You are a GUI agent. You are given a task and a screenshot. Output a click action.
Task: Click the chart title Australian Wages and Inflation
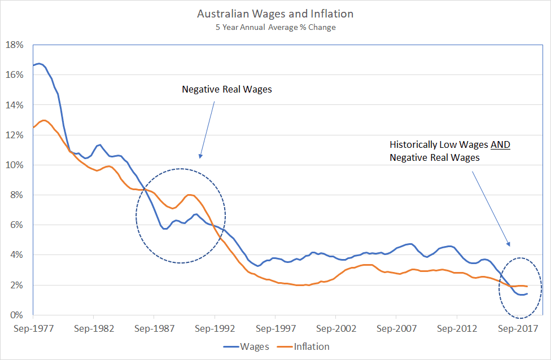[x=275, y=13]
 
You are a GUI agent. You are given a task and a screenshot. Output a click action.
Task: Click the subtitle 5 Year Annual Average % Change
[x=275, y=27]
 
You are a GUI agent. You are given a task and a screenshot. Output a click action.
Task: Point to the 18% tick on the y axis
[x=14, y=45]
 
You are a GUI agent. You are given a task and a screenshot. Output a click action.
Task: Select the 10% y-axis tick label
[x=14, y=165]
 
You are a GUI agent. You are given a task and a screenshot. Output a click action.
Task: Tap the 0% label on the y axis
[x=16, y=315]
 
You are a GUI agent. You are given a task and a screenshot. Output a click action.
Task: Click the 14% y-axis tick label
[x=14, y=105]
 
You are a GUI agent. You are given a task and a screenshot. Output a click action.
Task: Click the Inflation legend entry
[x=311, y=346]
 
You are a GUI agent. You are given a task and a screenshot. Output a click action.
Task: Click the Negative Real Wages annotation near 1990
[x=226, y=90]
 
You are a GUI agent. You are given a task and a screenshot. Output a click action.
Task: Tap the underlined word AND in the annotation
[x=500, y=145]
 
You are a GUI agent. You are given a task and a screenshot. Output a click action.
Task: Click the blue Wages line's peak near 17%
[x=39, y=64]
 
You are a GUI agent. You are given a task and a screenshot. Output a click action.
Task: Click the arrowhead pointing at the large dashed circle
[x=200, y=156]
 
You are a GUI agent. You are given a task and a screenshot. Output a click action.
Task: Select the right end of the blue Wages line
[x=527, y=293]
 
